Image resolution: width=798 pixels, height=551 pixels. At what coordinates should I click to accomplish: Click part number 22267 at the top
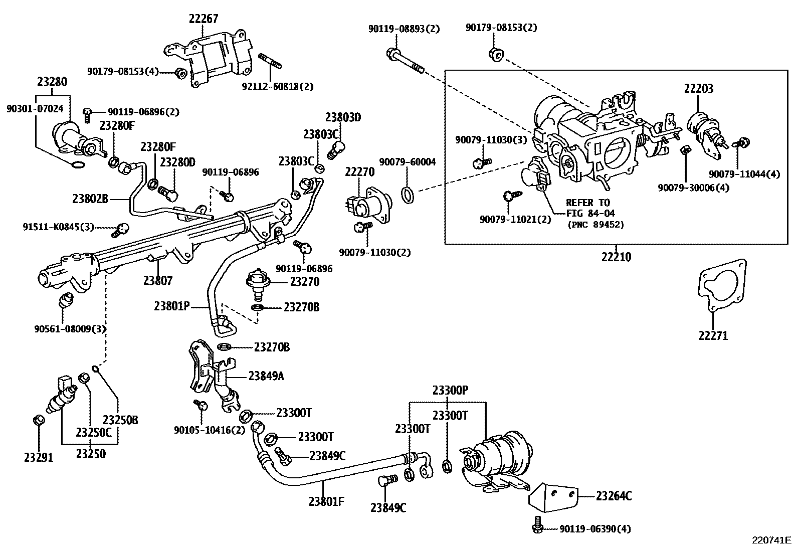pos(204,19)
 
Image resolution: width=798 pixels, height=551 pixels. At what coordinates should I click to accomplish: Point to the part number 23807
pos(158,281)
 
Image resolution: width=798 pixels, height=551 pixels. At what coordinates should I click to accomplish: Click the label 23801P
pos(172,305)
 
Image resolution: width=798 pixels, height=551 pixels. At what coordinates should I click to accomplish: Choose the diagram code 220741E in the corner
pos(771,540)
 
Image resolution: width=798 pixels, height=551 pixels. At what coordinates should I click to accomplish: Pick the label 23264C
pos(614,496)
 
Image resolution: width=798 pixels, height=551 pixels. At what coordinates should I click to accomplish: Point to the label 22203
pos(699,89)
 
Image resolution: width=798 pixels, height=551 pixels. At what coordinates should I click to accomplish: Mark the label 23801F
pos(326,500)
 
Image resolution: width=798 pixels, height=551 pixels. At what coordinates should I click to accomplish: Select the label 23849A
pos(266,376)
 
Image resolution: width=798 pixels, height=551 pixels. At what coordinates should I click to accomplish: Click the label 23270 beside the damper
pos(305,281)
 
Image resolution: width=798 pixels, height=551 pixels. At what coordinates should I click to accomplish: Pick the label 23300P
pos(450,390)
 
